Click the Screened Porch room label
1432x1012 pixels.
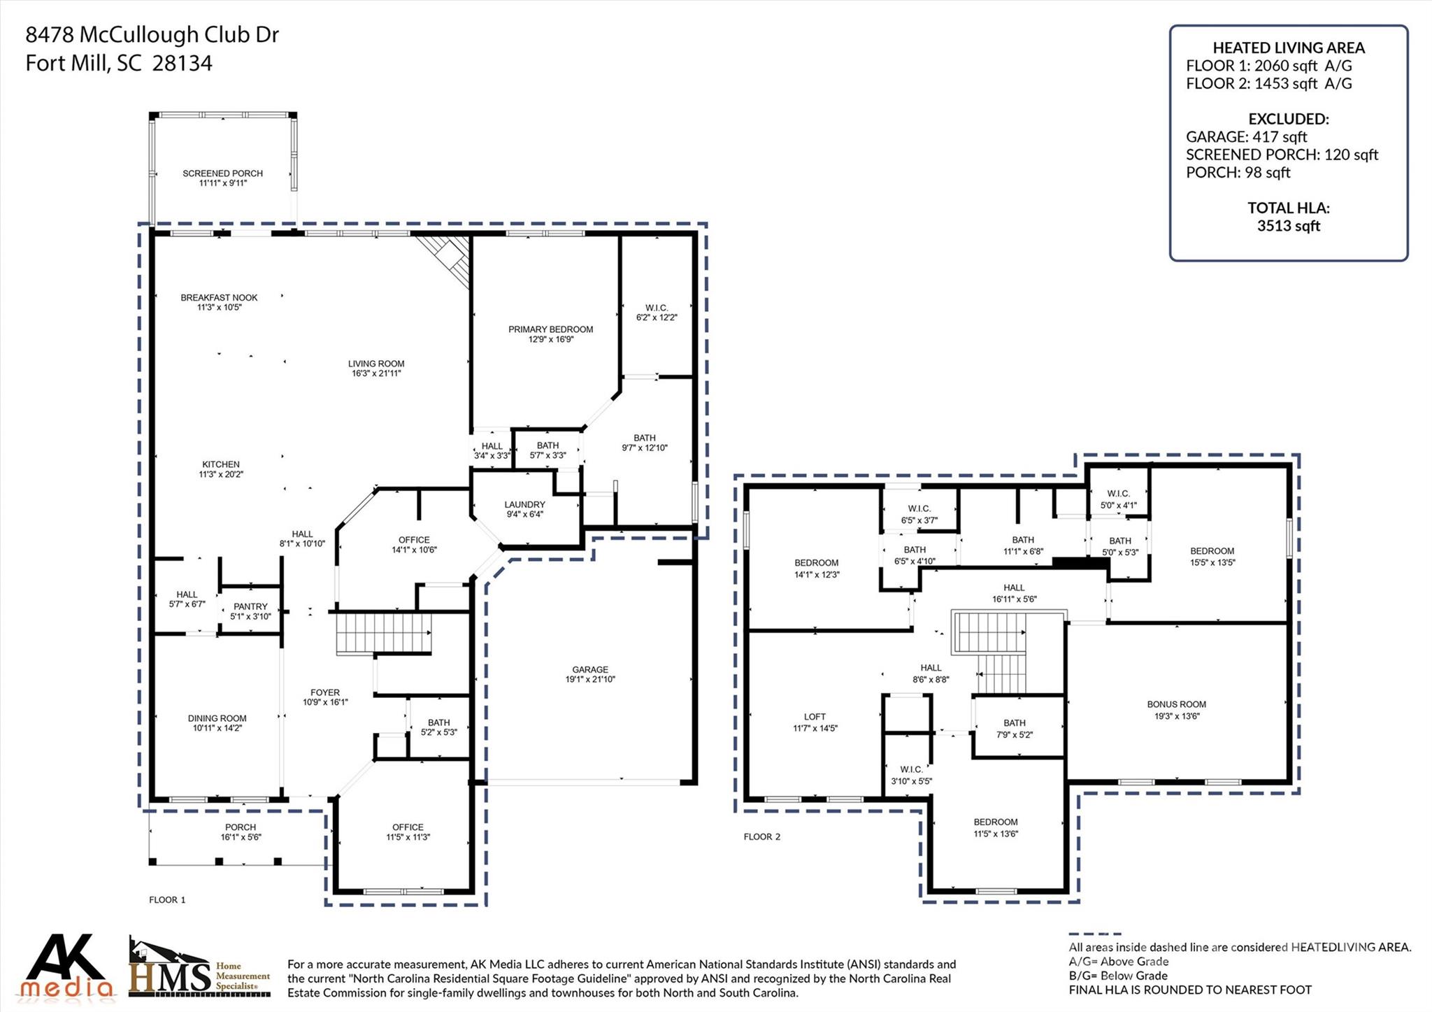(x=222, y=173)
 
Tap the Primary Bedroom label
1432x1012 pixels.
(x=550, y=329)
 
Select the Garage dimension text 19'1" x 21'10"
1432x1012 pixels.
(x=589, y=680)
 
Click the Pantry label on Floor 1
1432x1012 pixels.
(x=250, y=607)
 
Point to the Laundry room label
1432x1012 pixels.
(x=524, y=505)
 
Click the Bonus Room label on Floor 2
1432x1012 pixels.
(x=1176, y=705)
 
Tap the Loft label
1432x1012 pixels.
(x=815, y=717)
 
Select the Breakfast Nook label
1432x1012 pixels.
(x=219, y=298)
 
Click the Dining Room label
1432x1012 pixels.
(x=217, y=719)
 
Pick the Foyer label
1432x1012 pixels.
(x=325, y=693)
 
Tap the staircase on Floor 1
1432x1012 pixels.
(x=383, y=632)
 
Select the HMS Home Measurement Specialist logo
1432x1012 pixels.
(x=199, y=969)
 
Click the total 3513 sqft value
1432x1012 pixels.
(x=1288, y=226)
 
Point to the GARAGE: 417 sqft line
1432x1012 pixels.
(x=1246, y=137)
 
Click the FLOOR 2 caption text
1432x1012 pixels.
(x=761, y=837)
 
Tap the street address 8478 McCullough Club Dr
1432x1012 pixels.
(x=152, y=35)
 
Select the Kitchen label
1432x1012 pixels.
(x=221, y=465)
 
